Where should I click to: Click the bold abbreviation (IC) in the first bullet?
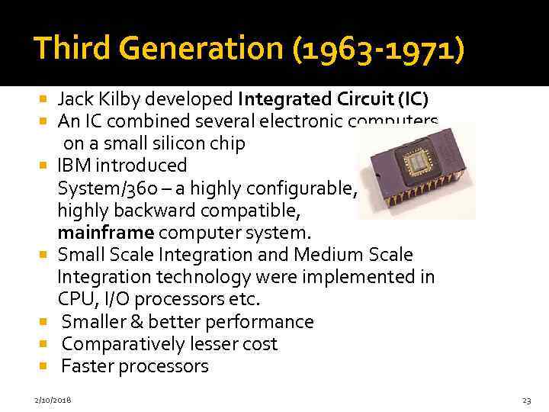coord(412,99)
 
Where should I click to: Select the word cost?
coord(259,344)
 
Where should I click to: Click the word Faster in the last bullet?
coord(86,366)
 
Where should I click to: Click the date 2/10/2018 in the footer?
coord(53,400)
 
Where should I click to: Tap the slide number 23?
coord(526,400)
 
